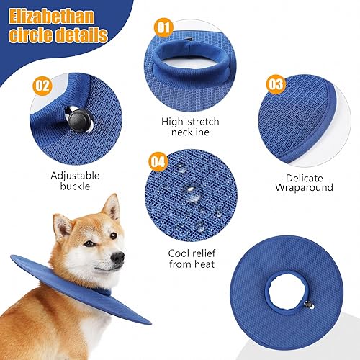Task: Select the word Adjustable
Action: [x=75, y=175]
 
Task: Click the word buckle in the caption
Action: [x=75, y=188]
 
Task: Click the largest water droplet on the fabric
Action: [x=192, y=194]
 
